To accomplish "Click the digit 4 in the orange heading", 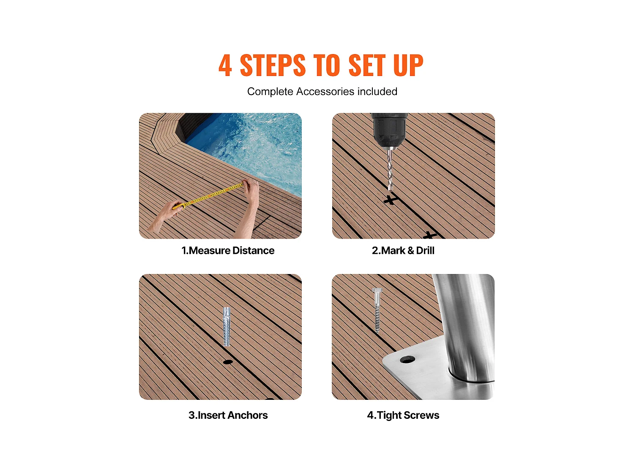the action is (x=225, y=65).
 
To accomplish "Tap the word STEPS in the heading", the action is (x=273, y=65).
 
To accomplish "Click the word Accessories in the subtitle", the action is (x=325, y=92).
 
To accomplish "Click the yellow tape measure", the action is (x=208, y=195).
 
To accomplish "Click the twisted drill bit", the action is (x=390, y=170).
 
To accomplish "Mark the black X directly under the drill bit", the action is (x=390, y=200).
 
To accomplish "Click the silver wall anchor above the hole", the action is (x=227, y=326).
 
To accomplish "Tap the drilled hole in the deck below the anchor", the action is (x=228, y=362).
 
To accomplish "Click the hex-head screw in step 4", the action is (x=377, y=310).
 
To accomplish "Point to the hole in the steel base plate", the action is (x=407, y=360).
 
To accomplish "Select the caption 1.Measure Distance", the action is (x=228, y=250).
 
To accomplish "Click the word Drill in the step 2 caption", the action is (x=425, y=250).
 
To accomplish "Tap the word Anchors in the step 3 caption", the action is (x=248, y=415).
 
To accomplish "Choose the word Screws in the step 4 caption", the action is (x=421, y=415).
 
